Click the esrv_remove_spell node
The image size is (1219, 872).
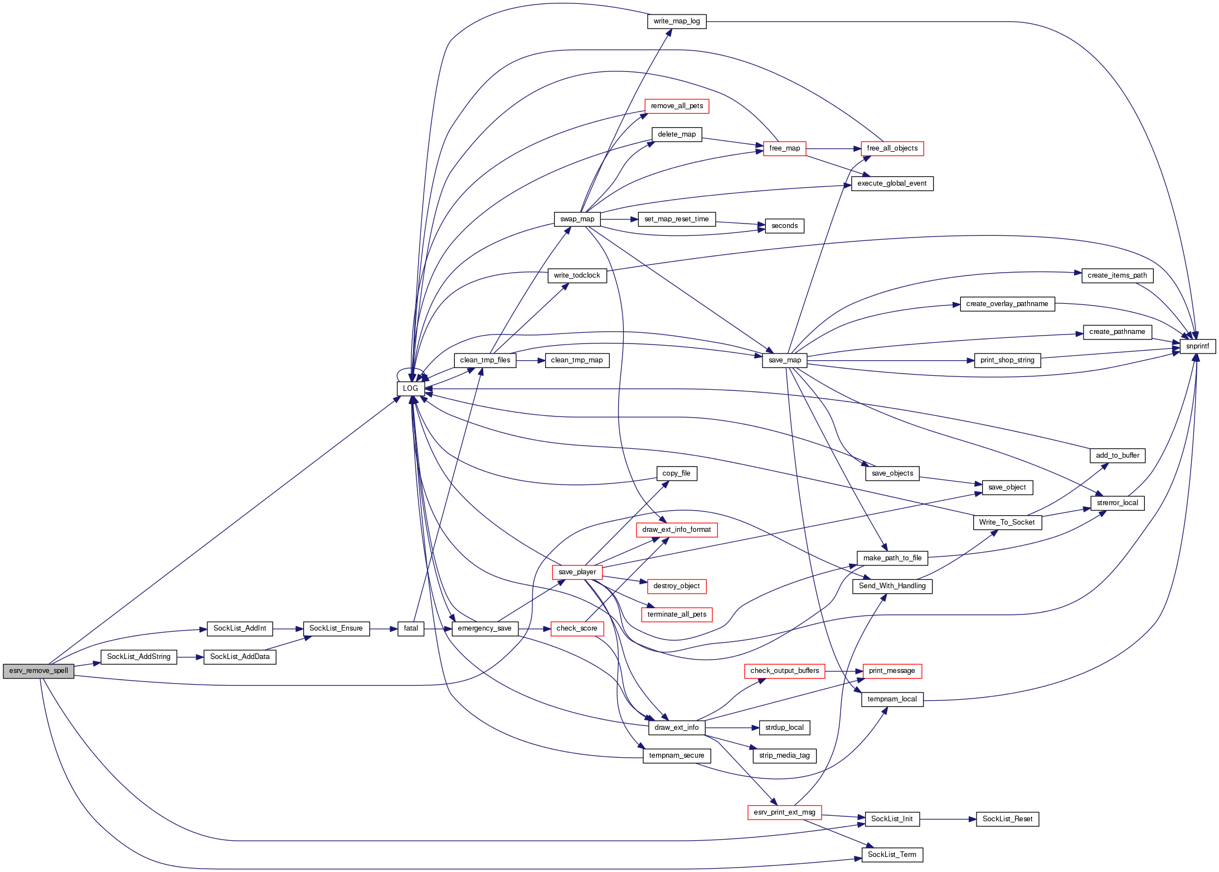coord(38,671)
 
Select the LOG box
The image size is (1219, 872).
coord(410,389)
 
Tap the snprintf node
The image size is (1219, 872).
coord(1197,346)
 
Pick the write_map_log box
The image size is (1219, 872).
coord(677,21)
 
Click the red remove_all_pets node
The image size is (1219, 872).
coord(677,106)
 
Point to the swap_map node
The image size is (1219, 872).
coord(577,219)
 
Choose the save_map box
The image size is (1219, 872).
coord(784,360)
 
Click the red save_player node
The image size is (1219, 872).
coord(577,572)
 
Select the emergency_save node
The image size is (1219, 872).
coord(484,628)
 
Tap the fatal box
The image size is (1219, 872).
coord(411,628)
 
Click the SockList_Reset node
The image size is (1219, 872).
coord(1007,819)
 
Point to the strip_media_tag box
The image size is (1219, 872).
coord(784,755)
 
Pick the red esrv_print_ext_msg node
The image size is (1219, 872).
coord(784,812)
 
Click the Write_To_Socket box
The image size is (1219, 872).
coord(1007,522)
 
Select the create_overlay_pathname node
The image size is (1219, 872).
coord(1007,304)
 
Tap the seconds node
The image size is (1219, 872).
coord(784,226)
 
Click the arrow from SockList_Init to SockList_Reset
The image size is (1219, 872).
coord(948,819)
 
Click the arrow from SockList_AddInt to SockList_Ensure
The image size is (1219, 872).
coord(288,629)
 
